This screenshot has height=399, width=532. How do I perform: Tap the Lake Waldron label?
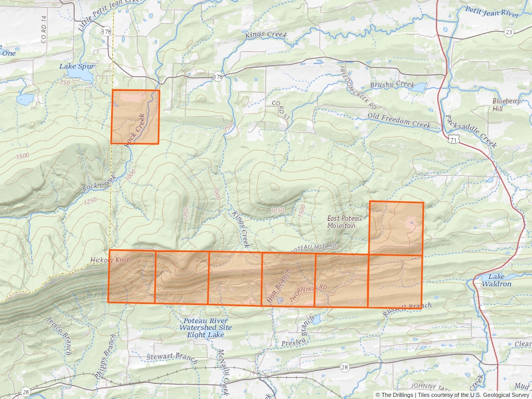point(496,280)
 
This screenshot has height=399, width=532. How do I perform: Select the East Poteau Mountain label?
point(342,222)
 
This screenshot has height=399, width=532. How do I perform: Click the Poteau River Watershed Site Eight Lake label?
point(206,328)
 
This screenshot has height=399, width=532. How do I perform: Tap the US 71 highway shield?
point(454,140)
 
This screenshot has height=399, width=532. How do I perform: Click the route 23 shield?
point(509,32)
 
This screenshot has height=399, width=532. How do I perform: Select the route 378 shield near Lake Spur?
point(107,32)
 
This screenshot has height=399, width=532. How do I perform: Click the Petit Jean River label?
point(492,12)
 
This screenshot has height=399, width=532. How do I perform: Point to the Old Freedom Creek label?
point(399,120)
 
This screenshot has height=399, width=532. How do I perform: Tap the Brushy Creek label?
point(392,84)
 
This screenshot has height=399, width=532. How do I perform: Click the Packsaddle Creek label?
point(471,131)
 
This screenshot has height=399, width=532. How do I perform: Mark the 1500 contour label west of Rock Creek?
point(22,156)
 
